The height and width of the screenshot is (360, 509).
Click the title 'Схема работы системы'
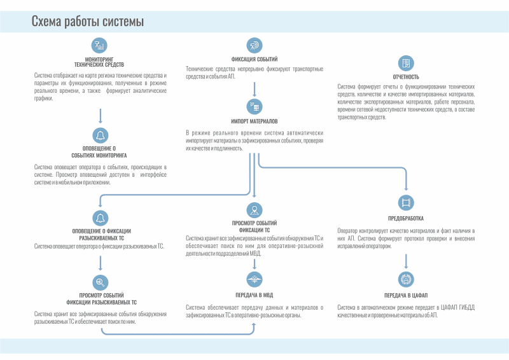pos(88,22)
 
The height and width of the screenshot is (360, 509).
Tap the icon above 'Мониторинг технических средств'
pos(100,45)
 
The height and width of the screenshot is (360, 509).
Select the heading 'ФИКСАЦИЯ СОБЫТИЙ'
pos(254,59)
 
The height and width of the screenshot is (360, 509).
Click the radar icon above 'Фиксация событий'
pos(254,45)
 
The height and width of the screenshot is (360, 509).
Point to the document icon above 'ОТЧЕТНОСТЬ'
pos(405,62)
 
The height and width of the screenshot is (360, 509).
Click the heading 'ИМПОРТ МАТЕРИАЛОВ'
pos(254,121)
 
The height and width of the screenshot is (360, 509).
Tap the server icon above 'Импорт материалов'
pos(254,106)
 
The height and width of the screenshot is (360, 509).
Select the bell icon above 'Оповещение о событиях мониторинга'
pos(100,134)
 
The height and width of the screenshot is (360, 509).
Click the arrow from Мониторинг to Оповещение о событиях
pos(100,115)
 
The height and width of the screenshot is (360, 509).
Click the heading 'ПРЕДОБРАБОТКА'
pos(405,218)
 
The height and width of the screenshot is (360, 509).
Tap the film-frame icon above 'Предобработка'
pos(405,202)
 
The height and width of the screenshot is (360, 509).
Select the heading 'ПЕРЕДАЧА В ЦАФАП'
pos(405,296)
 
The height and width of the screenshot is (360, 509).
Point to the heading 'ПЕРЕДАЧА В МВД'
pos(254,295)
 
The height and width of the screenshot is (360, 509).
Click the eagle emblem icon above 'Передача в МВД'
pos(254,278)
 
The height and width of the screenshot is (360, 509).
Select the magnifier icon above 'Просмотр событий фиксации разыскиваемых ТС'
pos(100,282)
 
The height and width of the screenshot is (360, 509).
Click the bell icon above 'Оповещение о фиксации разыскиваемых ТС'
pos(100,217)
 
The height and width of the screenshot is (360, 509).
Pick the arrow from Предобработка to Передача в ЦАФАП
pos(405,260)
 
